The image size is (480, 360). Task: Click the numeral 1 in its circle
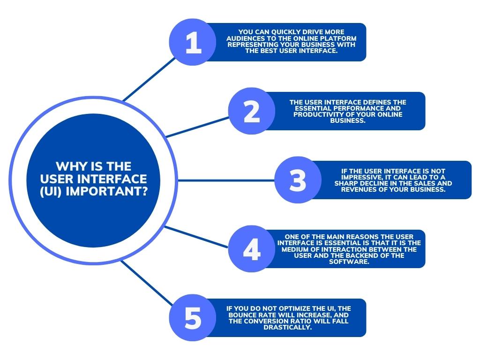(x=194, y=43)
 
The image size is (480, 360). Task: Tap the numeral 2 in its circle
(x=252, y=112)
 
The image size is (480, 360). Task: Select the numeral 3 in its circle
(x=298, y=180)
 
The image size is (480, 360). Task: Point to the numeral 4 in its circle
(x=252, y=249)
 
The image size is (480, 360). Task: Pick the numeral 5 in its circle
(x=193, y=318)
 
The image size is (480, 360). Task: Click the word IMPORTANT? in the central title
(x=107, y=191)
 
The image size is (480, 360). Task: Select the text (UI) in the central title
(x=52, y=192)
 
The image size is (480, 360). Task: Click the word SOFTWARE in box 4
(x=348, y=262)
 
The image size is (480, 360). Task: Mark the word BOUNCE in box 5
(x=242, y=315)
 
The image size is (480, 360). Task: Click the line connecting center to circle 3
(x=226, y=180)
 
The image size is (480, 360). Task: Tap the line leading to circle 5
(x=147, y=284)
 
